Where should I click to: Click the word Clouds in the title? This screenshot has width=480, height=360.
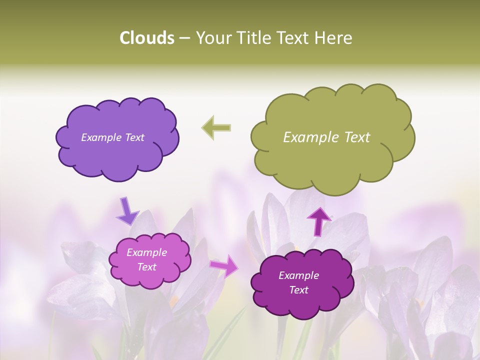point(147,38)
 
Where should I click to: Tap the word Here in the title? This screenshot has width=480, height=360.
point(333,38)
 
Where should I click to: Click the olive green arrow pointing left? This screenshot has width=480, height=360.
point(216,127)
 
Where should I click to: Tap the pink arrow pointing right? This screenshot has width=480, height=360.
point(224,265)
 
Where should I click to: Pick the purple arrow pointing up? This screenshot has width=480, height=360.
point(319,221)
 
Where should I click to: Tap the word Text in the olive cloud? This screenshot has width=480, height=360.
point(357,137)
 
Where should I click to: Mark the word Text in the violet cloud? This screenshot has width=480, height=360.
point(134,137)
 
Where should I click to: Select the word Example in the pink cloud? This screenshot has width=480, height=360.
point(146,252)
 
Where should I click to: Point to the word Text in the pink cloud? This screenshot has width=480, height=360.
point(147,267)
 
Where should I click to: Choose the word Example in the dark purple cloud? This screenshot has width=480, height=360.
point(298,275)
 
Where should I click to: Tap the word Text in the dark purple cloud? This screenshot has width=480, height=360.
point(299,290)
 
